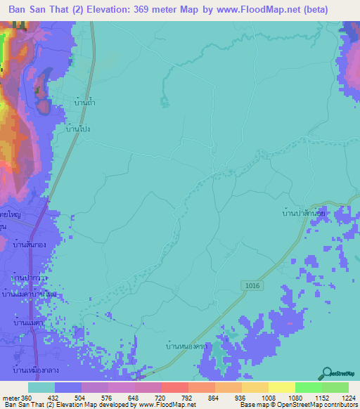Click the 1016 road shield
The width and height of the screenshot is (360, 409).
(x=254, y=283)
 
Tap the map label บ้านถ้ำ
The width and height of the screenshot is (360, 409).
(x=84, y=103)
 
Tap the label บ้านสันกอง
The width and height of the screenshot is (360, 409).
(x=30, y=245)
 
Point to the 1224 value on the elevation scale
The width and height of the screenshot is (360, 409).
(x=340, y=397)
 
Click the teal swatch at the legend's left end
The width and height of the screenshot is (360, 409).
(x=41, y=387)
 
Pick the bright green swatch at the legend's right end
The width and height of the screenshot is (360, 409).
(x=335, y=387)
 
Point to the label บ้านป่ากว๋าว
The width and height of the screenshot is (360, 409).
(x=30, y=279)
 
